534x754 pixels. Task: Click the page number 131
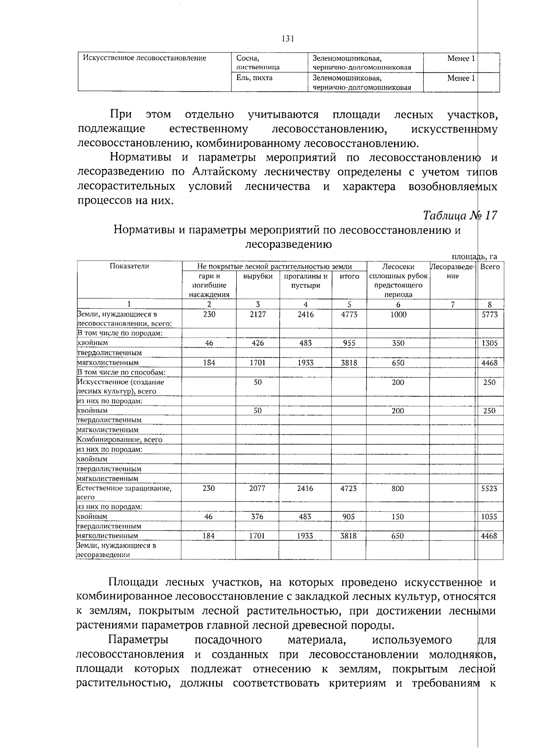(x=288, y=39)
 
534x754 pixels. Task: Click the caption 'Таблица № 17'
(x=460, y=216)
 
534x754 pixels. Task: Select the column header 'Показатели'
(x=129, y=266)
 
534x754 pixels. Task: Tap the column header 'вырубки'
(x=258, y=276)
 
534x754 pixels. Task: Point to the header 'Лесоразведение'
(x=453, y=271)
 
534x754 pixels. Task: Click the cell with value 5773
(x=489, y=314)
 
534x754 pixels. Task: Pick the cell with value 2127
(x=258, y=314)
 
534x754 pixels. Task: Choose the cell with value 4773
(x=349, y=314)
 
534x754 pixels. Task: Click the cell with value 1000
(x=398, y=314)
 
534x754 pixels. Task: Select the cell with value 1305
(x=489, y=343)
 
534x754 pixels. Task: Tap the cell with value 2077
(x=257, y=488)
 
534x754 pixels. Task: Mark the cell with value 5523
(x=489, y=488)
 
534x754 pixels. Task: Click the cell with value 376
(x=257, y=517)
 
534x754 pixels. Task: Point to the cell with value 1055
(x=489, y=517)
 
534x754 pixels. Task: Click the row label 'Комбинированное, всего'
(x=120, y=440)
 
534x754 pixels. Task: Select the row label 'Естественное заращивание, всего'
(x=124, y=492)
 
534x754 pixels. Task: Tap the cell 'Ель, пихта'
(x=255, y=78)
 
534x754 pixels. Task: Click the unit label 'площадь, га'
(x=474, y=257)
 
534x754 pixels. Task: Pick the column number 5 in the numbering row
(x=349, y=305)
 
